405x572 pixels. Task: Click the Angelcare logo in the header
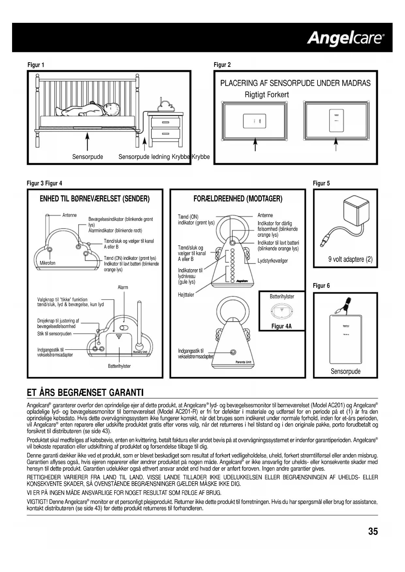(345, 38)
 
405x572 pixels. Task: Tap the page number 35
(373, 532)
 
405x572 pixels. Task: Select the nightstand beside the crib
(165, 129)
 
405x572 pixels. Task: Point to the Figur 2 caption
(222, 65)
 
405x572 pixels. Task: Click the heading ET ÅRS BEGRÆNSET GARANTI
(85, 392)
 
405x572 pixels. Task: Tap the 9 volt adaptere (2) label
(350, 260)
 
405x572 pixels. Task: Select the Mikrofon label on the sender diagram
(47, 263)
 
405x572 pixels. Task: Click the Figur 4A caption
(281, 326)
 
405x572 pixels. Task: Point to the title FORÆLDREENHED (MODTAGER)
(238, 199)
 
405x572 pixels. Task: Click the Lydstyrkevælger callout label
(273, 261)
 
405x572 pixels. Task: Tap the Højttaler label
(186, 295)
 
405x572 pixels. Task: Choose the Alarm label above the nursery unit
(123, 287)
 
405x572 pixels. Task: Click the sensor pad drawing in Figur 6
(345, 339)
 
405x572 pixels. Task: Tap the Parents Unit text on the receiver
(243, 362)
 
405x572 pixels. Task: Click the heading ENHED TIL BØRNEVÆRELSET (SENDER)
(95, 199)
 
